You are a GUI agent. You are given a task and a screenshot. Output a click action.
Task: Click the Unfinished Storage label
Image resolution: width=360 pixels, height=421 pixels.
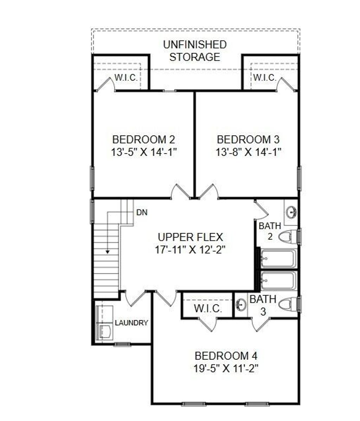tap(194, 51)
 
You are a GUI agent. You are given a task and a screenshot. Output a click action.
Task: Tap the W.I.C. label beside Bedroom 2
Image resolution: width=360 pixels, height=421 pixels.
tap(126, 78)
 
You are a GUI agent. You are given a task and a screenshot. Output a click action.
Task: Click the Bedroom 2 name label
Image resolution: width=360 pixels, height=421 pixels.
tap(143, 139)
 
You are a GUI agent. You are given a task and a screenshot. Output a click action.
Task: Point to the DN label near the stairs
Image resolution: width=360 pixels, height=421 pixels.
tap(142, 212)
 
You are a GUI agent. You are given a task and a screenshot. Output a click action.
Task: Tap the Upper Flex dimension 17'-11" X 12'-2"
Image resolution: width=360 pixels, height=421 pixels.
tap(190, 250)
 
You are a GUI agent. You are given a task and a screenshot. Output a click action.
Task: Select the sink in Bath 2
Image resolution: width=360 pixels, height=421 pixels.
tap(291, 212)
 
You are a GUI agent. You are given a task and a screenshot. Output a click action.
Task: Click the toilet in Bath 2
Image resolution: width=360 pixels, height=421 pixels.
tap(287, 237)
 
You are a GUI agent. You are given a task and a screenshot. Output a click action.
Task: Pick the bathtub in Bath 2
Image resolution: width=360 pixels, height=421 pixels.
tap(278, 259)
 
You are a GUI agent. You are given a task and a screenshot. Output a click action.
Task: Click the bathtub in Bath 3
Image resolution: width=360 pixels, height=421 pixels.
tap(278, 280)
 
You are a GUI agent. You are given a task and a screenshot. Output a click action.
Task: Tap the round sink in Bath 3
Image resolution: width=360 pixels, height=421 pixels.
tap(241, 304)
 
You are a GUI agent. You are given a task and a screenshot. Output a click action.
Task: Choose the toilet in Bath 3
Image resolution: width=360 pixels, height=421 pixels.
tap(288, 304)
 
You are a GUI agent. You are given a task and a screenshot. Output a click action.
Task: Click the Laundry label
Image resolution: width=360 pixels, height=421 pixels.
tap(131, 323)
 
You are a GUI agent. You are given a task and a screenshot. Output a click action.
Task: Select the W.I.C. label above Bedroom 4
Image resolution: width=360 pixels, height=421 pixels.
tap(208, 309)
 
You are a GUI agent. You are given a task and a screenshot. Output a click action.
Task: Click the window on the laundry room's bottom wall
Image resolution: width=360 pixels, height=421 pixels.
tap(122, 344)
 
